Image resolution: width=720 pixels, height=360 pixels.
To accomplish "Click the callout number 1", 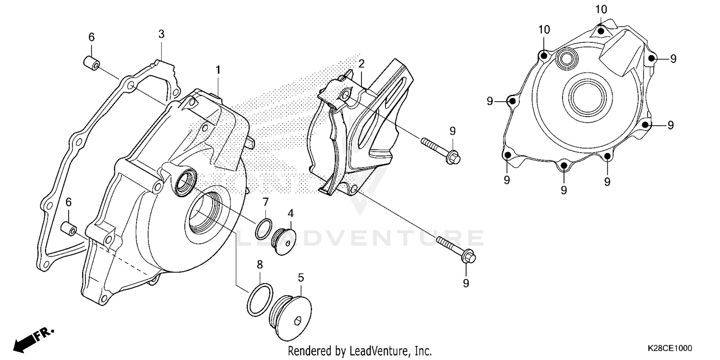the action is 218,70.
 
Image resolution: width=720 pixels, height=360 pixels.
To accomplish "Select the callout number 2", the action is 361,63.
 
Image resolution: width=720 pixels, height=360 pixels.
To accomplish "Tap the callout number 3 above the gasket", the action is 162,34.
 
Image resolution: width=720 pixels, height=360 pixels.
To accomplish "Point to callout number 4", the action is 290,212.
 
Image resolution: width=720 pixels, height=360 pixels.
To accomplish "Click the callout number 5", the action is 301,277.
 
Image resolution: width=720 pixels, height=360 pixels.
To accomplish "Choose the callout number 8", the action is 260,264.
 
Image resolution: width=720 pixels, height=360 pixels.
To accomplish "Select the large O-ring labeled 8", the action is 260,299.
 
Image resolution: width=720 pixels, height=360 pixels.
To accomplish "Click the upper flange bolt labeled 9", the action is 441,150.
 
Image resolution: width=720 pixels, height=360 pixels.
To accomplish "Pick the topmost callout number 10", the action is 601,9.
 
